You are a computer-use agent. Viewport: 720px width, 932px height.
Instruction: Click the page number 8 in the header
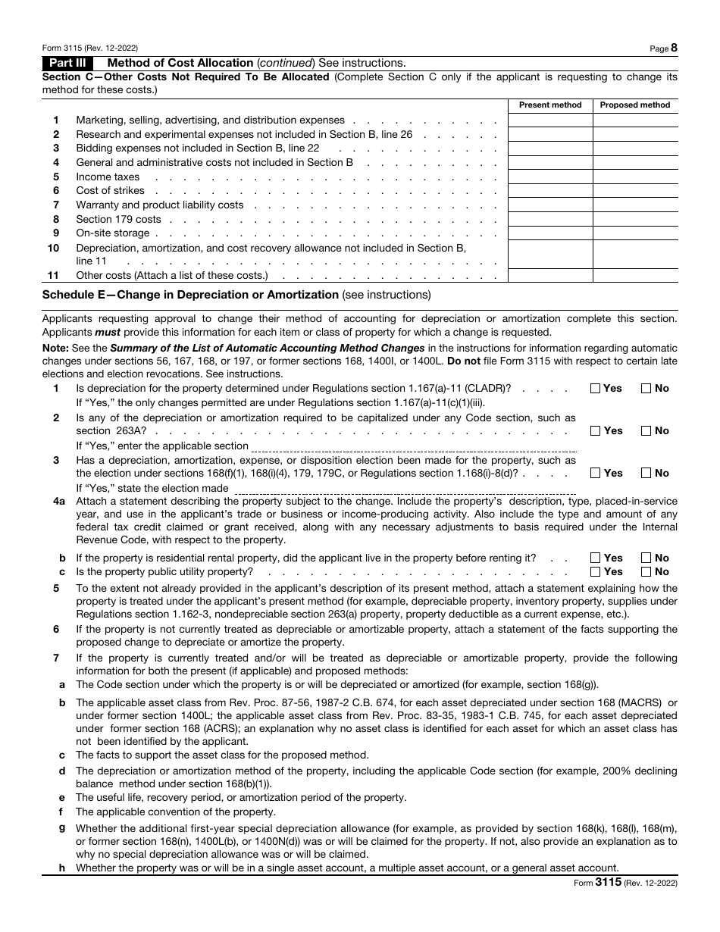coord(674,48)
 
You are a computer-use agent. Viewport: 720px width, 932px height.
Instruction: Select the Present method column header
coord(550,105)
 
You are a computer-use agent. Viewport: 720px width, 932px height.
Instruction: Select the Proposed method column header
coord(635,105)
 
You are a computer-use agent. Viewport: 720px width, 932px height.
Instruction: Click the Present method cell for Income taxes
coord(550,177)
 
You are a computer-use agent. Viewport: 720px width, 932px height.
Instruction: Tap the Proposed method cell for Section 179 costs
coord(635,219)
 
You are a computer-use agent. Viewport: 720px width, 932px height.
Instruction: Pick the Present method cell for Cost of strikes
coord(550,191)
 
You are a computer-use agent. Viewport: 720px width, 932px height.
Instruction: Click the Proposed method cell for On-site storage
coord(635,233)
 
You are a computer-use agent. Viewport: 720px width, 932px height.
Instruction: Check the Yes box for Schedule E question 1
coord(596,389)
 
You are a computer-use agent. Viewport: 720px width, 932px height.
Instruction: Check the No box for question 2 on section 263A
coord(646,431)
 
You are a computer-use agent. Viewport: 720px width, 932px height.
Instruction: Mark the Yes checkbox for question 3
coord(596,474)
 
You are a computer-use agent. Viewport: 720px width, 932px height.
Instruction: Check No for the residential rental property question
coord(646,558)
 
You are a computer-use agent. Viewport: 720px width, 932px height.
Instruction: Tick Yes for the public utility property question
coord(596,572)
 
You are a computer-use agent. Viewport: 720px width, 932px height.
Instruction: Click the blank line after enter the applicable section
coord(413,446)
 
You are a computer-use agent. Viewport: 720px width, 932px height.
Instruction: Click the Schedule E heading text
coord(189,295)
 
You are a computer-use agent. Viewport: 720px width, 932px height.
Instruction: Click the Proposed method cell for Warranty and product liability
coord(635,205)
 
